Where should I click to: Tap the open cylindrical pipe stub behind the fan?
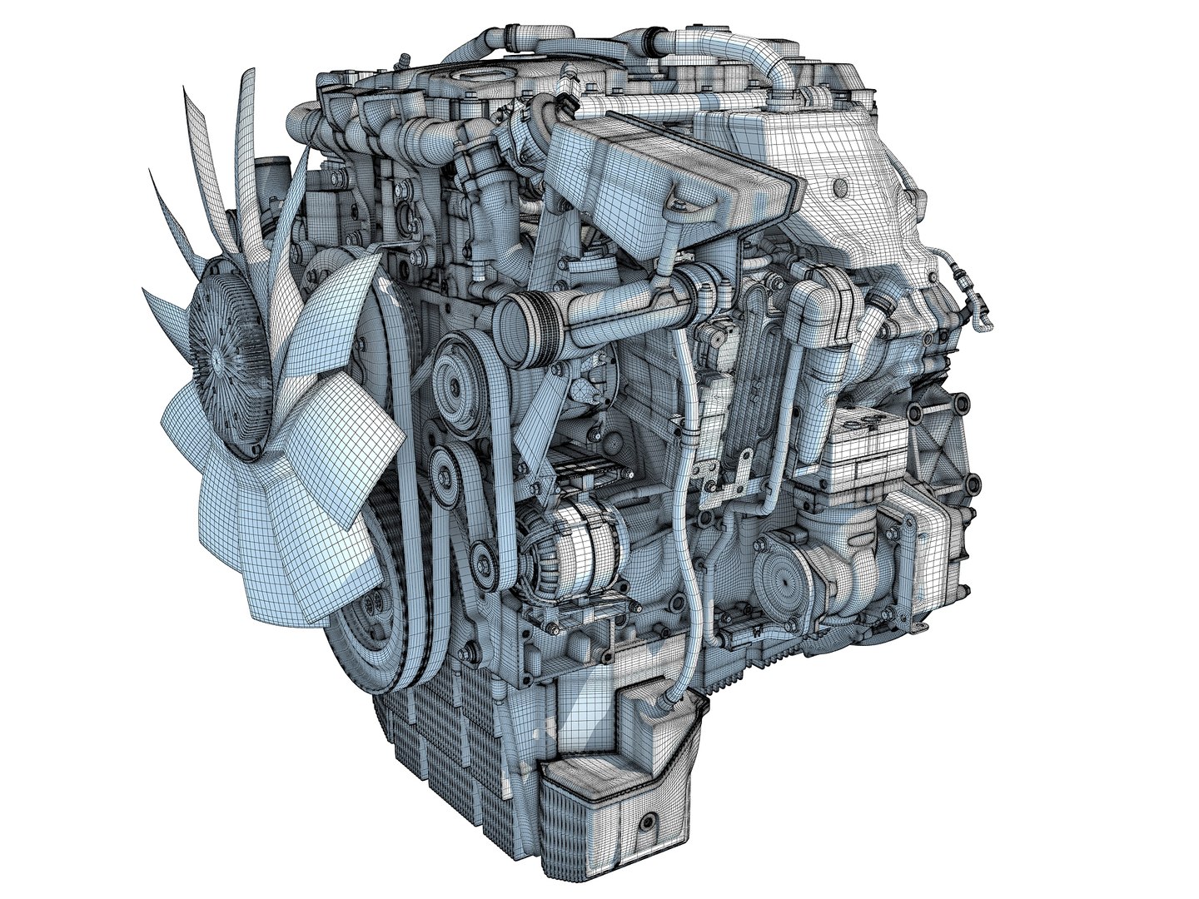[266, 176]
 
